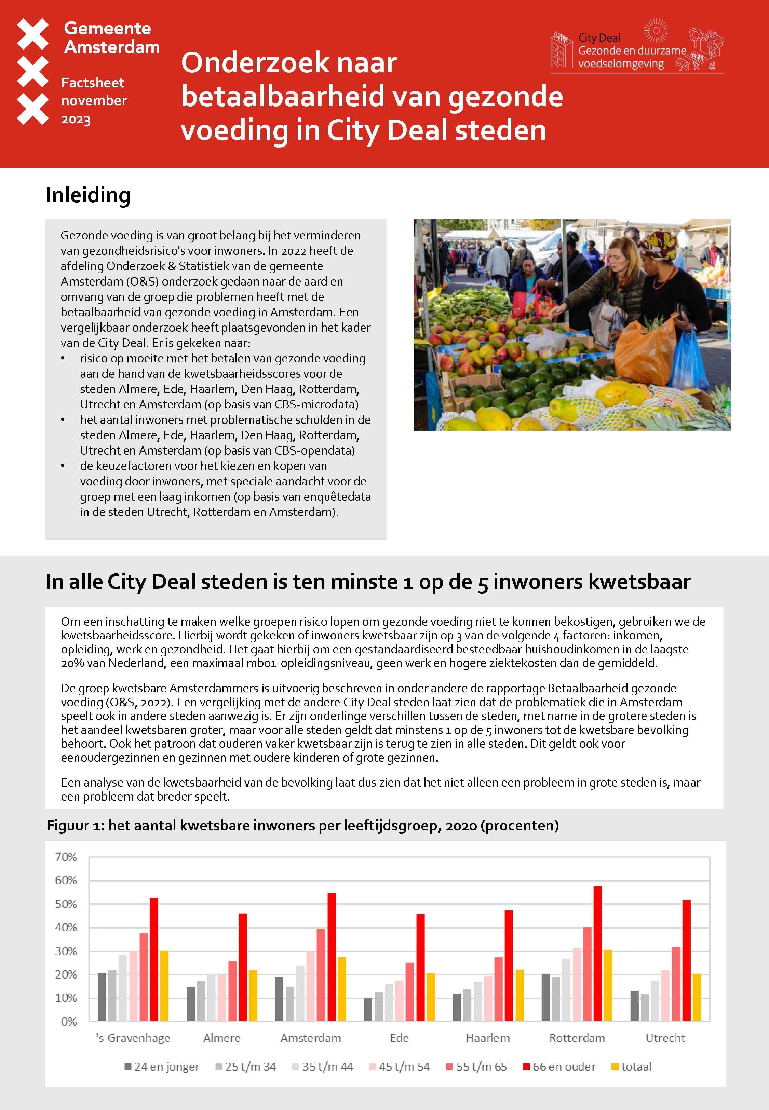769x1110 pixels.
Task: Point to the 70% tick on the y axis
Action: pos(66,857)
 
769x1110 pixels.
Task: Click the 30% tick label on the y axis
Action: pos(66,951)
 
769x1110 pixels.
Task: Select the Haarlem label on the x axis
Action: pos(488,1038)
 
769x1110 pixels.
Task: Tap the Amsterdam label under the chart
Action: pos(311,1038)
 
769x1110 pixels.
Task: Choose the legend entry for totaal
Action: pos(631,1067)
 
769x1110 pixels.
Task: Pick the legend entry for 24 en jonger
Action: pos(162,1067)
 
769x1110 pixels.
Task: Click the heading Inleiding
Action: pos(88,195)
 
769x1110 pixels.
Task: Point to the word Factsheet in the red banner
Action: pos(93,83)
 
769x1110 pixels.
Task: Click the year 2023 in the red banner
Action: pos(76,120)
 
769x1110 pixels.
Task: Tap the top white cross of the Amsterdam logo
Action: pos(33,34)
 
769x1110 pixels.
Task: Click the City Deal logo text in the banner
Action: pos(631,51)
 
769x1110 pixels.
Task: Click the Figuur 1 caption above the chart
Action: pos(302,825)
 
